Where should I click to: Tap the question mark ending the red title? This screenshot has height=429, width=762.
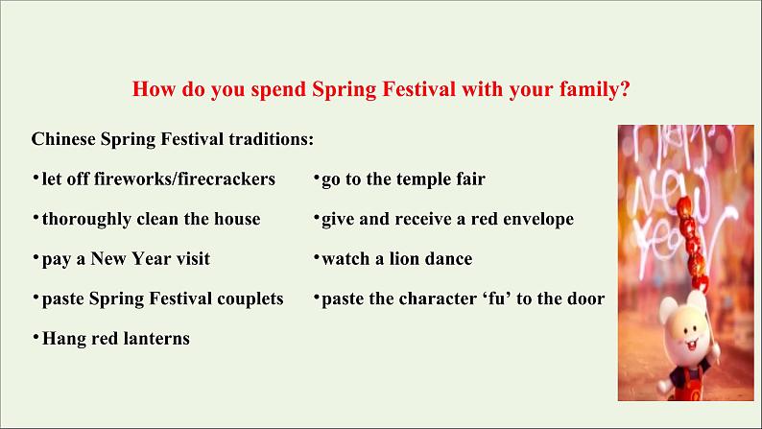tap(625, 89)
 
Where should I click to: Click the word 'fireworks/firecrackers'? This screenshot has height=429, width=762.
tap(184, 179)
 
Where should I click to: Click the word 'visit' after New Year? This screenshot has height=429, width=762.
tap(193, 258)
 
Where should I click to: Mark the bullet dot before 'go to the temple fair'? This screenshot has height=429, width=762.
tap(317, 177)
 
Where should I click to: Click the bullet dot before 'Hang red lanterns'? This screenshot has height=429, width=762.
tap(36, 336)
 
